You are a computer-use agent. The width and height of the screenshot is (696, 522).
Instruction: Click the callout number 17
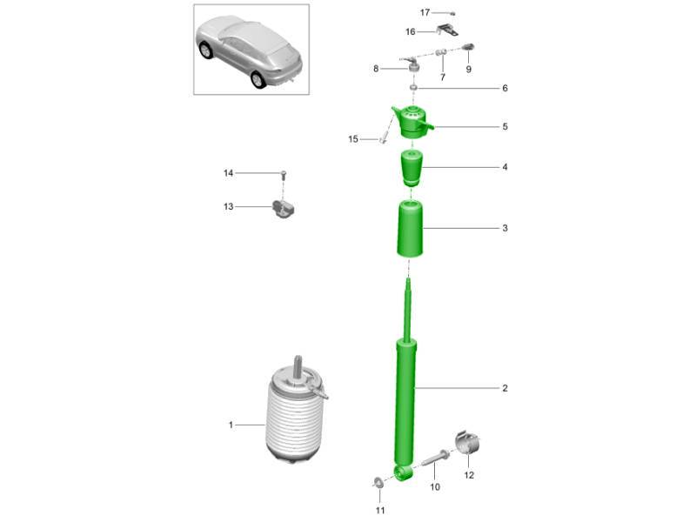pos(425,12)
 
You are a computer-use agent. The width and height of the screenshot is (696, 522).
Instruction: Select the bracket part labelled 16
pos(447,30)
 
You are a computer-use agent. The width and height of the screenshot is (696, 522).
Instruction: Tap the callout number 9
pos(468,70)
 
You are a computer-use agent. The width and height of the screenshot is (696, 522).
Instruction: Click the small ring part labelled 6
pos(413,88)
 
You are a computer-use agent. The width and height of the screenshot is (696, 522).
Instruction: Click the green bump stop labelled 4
pos(412,169)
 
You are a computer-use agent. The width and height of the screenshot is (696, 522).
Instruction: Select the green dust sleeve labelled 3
pos(409,229)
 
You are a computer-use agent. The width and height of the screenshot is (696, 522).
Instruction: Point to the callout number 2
pos(505,388)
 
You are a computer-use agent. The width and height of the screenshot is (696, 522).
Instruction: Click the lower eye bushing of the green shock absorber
pos(404,472)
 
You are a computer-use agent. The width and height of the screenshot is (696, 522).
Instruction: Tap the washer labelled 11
pos(378,482)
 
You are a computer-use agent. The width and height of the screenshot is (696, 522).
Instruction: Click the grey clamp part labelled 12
pos(468,443)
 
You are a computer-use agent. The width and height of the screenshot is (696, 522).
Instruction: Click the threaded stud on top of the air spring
pos(297,365)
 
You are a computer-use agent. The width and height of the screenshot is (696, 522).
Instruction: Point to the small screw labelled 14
pos(284,175)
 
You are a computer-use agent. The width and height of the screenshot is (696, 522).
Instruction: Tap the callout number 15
pos(353,139)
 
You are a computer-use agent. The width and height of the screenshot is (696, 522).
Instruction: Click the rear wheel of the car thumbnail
pos(258,79)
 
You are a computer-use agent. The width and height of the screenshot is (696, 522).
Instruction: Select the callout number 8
pos(376,69)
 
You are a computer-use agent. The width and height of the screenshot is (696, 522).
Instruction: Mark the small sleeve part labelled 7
pos(441,53)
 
